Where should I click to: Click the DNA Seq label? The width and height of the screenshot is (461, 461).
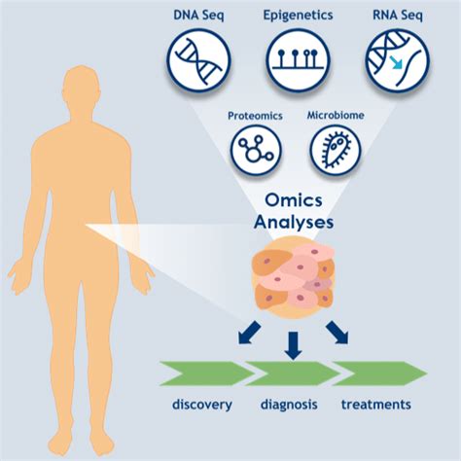[x=199, y=17]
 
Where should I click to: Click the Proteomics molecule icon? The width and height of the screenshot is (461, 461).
[x=255, y=150]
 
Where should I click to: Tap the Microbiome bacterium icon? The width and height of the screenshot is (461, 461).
[x=336, y=150]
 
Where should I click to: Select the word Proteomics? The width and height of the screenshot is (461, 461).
[x=255, y=116]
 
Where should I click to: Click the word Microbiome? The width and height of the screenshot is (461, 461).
[x=336, y=116]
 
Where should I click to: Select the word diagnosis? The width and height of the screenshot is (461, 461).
[x=289, y=405]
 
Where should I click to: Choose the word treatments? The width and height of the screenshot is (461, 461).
[x=375, y=405]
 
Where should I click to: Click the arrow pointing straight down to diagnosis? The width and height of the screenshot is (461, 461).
[x=292, y=343]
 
